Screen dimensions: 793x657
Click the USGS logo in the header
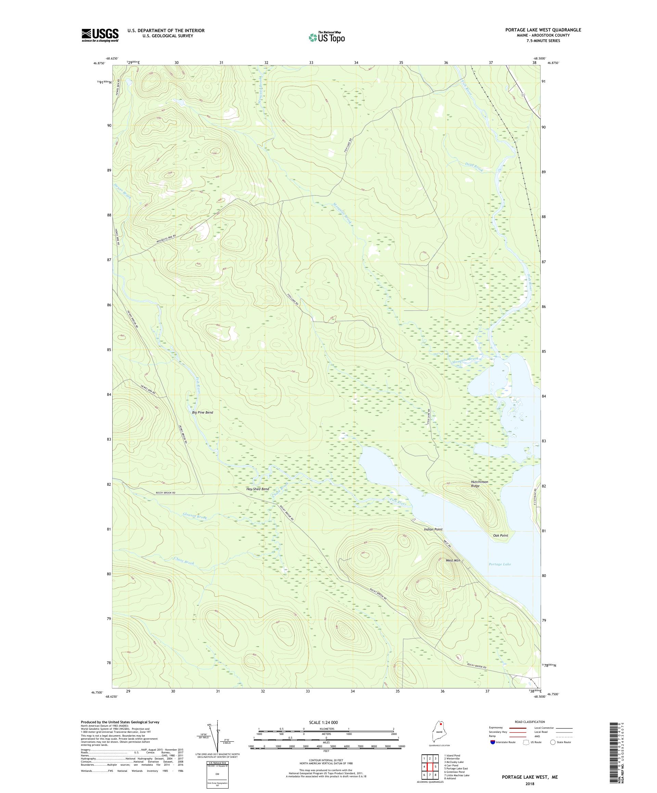tap(100, 35)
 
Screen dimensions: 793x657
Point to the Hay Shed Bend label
tap(257, 489)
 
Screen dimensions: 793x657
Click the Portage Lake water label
tap(499, 575)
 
